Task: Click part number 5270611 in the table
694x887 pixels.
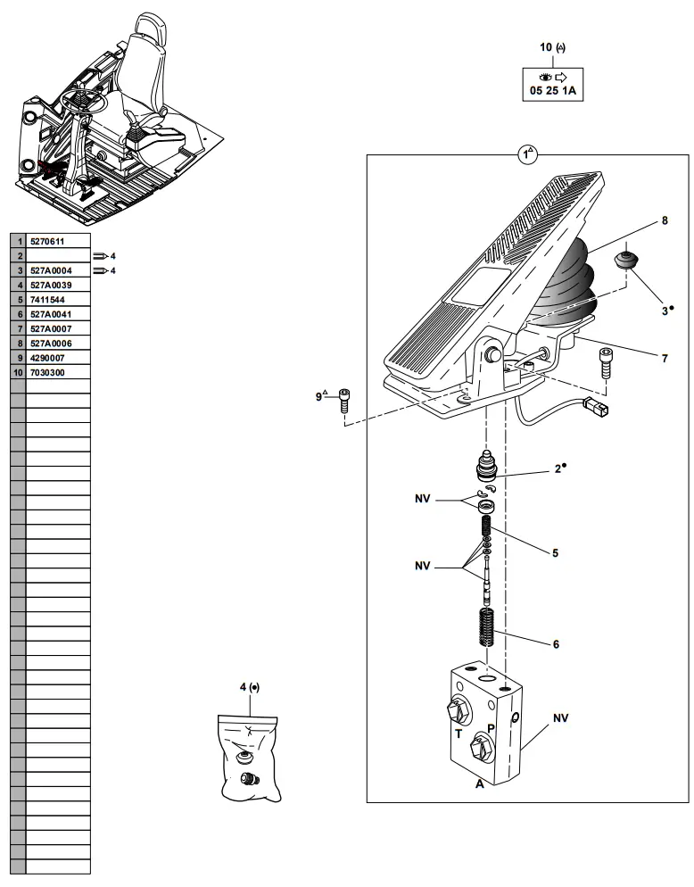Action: coord(48,241)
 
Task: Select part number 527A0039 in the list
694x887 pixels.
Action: coord(50,285)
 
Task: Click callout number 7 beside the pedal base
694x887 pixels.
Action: coord(664,358)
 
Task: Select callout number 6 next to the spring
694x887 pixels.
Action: coord(555,643)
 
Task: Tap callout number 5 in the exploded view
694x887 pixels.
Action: coord(554,553)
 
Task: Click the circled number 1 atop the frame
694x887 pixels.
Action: coord(526,154)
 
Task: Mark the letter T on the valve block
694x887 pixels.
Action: coord(459,734)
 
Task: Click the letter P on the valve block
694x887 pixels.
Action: coord(491,728)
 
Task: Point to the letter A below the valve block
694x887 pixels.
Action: coord(479,784)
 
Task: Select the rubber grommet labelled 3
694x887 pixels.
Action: coord(629,261)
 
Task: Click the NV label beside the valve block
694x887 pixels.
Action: coord(560,717)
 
